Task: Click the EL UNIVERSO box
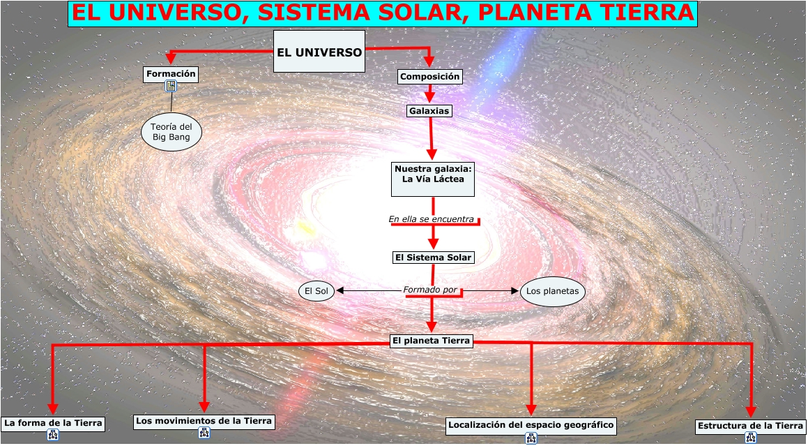[319, 52]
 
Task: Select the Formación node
[171, 74]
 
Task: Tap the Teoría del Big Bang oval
[171, 132]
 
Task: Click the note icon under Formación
[171, 87]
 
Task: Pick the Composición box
[429, 76]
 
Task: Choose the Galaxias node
[429, 110]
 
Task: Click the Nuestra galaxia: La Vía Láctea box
[433, 179]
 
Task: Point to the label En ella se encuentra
[432, 219]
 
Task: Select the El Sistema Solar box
[433, 257]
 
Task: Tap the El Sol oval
[317, 290]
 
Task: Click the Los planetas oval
[552, 291]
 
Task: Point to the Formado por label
[429, 290]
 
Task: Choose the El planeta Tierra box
[432, 341]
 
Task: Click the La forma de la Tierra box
[53, 423]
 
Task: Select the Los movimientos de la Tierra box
[204, 422]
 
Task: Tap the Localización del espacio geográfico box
[531, 425]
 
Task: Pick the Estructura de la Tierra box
[751, 426]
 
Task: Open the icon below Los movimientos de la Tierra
[204, 433]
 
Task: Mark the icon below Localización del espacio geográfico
[531, 438]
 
